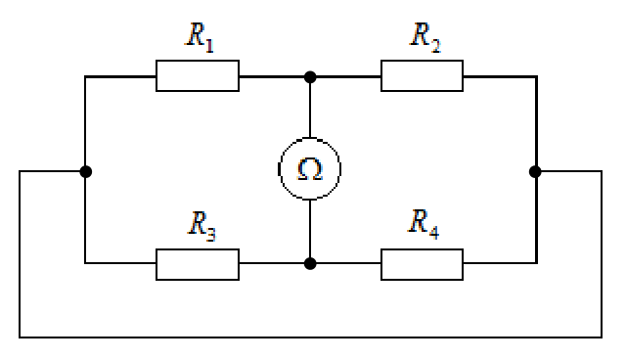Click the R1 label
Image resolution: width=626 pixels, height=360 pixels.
coord(200,37)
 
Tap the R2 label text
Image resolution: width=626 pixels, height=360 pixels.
coord(425,37)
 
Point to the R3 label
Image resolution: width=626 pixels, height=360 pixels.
coord(202,226)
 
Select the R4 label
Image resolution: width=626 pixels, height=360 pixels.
coord(424,223)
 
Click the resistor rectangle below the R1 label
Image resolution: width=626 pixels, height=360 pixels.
coord(198,76)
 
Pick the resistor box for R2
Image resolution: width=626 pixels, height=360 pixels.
coord(422,76)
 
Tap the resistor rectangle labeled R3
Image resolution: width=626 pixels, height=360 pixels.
coord(198,264)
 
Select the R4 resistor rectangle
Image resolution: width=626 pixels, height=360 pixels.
coord(422,264)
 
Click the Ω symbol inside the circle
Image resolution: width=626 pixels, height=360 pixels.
coord(310,169)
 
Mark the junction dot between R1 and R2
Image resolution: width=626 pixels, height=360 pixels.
coord(310,77)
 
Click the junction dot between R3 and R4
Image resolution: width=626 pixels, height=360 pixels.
coord(310,264)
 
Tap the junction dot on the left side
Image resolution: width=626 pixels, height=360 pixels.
coord(86,171)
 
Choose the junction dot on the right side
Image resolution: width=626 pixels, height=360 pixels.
coord(535,171)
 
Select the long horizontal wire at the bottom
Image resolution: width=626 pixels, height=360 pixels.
coord(311,337)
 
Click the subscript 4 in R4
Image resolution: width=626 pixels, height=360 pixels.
coord(434,232)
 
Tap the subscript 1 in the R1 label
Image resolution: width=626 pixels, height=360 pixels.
coord(210,46)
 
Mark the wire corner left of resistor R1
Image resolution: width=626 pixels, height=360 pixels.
coord(85,76)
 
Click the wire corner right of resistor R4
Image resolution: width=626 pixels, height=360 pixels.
coord(537,263)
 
